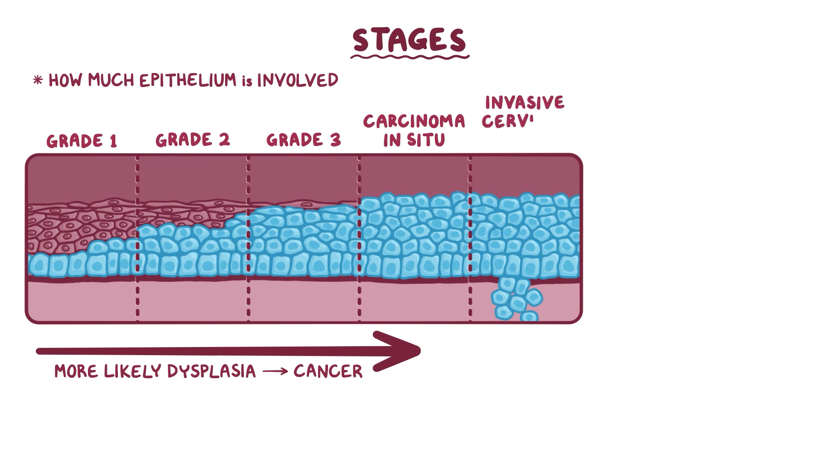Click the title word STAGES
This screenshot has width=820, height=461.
(409, 40)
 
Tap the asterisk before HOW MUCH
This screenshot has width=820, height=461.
(38, 80)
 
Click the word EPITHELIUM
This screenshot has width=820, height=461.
(188, 80)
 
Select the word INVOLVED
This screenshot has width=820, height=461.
(297, 80)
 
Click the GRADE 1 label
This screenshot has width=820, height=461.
(82, 141)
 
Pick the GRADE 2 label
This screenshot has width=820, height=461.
(192, 140)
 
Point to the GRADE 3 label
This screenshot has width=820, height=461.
(303, 140)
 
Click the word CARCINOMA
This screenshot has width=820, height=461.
(414, 122)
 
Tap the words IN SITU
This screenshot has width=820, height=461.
(414, 140)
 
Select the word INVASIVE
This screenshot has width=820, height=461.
(524, 103)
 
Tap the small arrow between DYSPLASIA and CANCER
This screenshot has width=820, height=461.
(275, 371)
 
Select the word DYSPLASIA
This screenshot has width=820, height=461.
(211, 371)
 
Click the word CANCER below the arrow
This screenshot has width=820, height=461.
(328, 371)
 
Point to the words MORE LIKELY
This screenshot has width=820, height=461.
(109, 371)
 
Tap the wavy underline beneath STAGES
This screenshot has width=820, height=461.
(409, 56)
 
